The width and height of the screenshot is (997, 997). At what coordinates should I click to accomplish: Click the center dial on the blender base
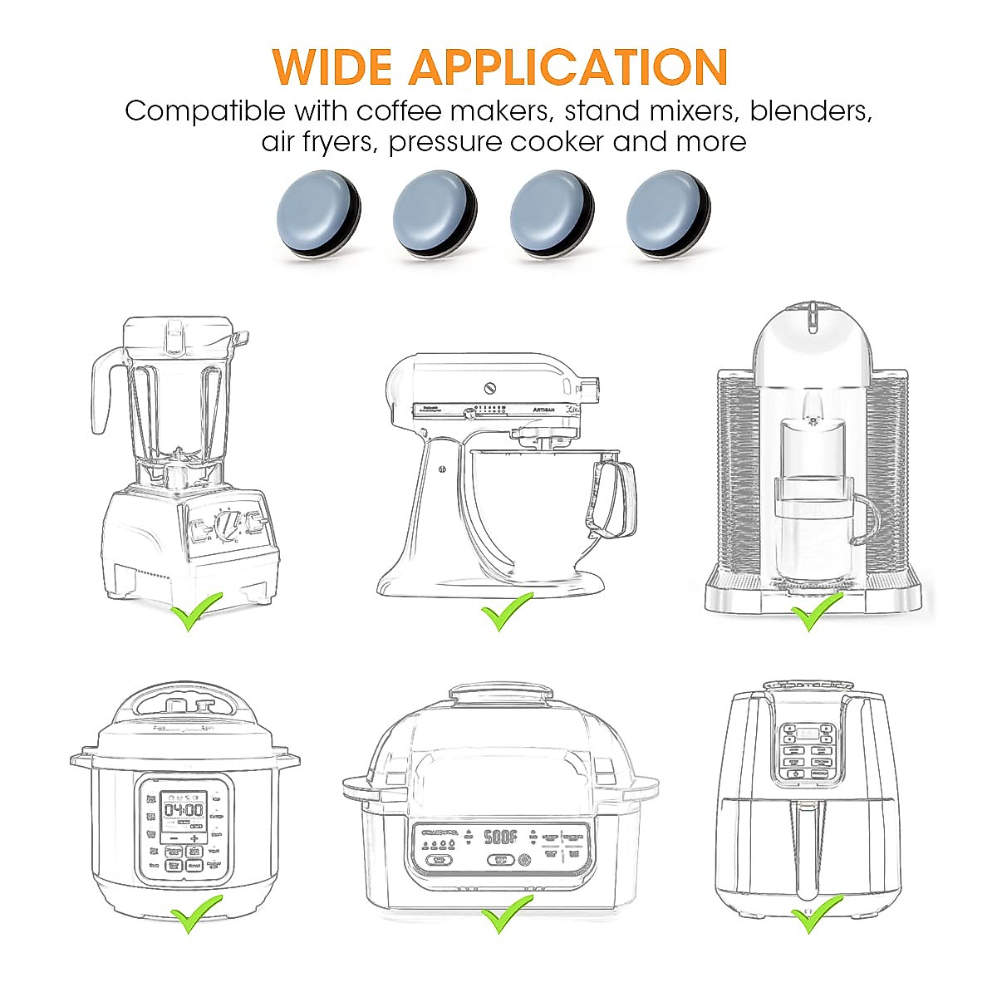pyautogui.click(x=227, y=525)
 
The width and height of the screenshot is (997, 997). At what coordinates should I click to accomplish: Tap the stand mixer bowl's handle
pyautogui.click(x=615, y=498)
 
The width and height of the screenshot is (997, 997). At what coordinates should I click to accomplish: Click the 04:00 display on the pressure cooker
pyautogui.click(x=183, y=810)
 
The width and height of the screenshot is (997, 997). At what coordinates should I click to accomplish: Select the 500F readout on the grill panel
pyautogui.click(x=501, y=837)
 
